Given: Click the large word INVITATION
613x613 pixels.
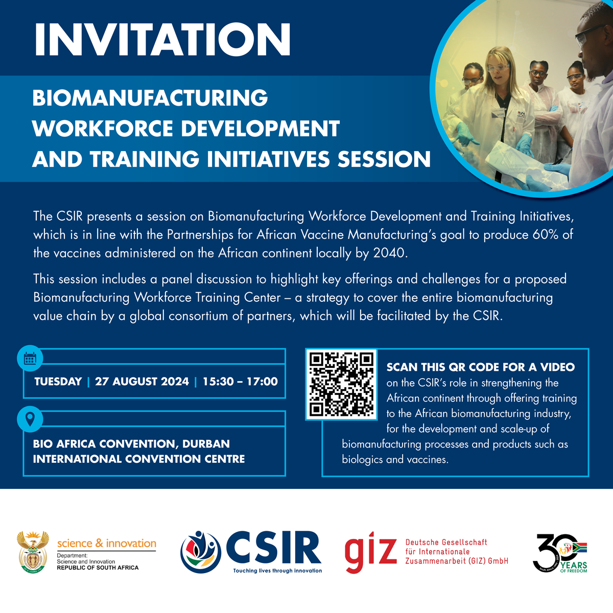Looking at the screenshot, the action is (x=162, y=39).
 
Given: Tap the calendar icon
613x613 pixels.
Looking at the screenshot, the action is (x=30, y=358).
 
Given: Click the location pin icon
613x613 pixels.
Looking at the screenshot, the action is (x=30, y=419).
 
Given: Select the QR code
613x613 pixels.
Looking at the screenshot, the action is (x=341, y=384).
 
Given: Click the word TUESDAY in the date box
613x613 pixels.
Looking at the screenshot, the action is (x=58, y=382).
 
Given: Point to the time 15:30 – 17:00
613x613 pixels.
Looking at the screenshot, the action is (x=240, y=382).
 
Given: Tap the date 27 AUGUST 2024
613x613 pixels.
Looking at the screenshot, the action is (x=142, y=382).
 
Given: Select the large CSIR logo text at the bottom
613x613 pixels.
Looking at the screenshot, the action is (x=274, y=548).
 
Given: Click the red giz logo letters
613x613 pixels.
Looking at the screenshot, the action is (x=371, y=552).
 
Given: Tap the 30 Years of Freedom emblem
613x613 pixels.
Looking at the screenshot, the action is (x=560, y=553).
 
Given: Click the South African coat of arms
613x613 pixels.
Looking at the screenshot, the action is (x=33, y=552).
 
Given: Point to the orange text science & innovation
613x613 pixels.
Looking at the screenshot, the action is (x=107, y=544).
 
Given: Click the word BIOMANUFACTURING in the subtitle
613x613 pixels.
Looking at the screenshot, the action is (x=150, y=98).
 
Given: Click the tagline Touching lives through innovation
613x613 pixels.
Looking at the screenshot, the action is (x=277, y=571).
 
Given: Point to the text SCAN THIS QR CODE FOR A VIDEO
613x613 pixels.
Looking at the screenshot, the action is (x=481, y=367).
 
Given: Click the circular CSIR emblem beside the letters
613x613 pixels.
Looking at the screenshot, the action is (x=201, y=552).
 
